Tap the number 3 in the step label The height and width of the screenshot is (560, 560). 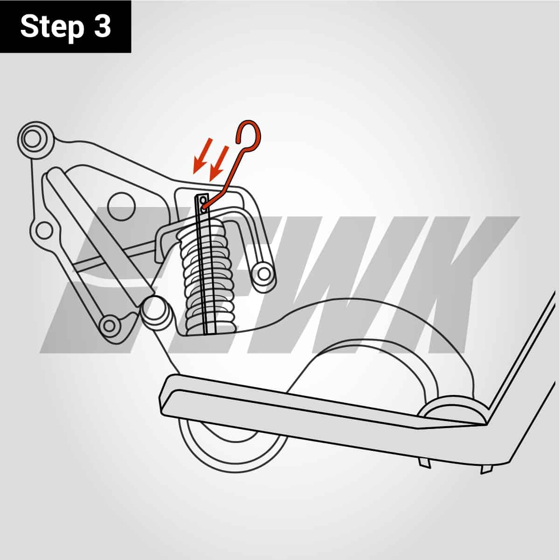102,27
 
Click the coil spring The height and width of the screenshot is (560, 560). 205,275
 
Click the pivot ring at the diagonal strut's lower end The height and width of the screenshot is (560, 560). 110,325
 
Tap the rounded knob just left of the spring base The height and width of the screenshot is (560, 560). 154,312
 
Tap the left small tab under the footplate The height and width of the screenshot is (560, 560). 425,462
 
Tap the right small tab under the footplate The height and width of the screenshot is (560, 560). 486,468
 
